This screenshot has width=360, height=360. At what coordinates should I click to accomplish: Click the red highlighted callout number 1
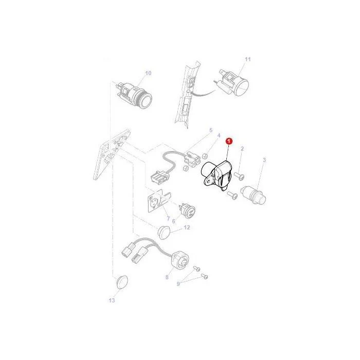[x=229, y=141]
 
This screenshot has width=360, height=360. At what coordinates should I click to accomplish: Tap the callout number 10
[x=148, y=73]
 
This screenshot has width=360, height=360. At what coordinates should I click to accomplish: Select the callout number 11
[x=248, y=59]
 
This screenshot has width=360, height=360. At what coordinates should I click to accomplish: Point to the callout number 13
[x=112, y=300]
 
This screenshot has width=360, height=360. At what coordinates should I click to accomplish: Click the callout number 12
[x=187, y=227]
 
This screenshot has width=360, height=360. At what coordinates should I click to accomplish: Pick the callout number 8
[x=167, y=277]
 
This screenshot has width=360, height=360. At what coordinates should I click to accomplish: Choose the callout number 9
[x=178, y=284]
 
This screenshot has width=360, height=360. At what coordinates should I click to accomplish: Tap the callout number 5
[x=211, y=131]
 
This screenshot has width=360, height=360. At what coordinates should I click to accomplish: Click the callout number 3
[x=264, y=159]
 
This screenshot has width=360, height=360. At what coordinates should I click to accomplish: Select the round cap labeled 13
[x=122, y=283]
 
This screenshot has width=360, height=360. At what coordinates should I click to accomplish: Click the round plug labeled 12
[x=164, y=232]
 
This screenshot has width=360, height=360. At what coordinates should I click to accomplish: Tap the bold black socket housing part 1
[x=217, y=176]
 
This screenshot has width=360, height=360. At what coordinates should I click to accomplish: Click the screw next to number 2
[x=239, y=176]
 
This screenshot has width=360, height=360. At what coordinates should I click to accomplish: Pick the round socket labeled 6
[x=187, y=210]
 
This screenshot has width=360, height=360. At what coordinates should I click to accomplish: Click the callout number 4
[x=219, y=135]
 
